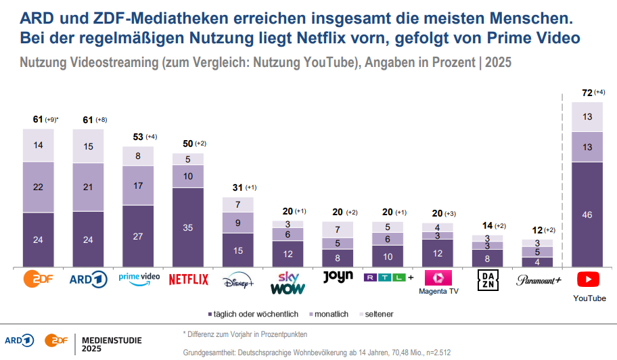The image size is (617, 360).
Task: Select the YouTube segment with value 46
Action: (587, 214)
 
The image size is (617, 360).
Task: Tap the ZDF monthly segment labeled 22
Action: (38, 187)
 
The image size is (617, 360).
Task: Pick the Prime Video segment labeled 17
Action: (138, 185)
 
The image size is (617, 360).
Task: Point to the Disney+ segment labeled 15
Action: (238, 250)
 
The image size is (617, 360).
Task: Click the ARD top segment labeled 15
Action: (88, 146)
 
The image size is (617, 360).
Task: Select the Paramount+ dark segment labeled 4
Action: (537, 262)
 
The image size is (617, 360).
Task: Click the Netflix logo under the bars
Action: (188, 279)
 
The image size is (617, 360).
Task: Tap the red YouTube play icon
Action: (587, 279)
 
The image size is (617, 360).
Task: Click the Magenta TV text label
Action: (438, 291)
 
